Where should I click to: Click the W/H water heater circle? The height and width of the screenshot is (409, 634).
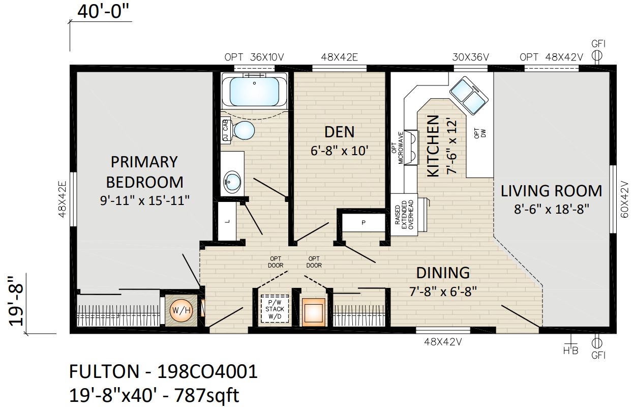coord(181,310)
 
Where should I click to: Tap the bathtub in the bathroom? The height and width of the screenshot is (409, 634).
coord(254,91)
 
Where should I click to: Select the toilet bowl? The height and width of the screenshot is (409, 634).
coord(244,131)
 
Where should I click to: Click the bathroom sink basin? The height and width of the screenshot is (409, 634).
coord(232,181)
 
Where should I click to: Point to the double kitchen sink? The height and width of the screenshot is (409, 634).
coord(469,96)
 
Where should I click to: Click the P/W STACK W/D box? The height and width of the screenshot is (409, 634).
coord(275,309)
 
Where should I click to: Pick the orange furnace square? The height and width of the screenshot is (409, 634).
coord(313,312)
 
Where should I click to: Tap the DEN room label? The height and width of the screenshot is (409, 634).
coord(339,132)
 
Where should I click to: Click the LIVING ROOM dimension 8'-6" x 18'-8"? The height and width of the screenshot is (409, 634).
coord(551,209)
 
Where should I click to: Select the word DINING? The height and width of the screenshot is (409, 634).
coord(443,273)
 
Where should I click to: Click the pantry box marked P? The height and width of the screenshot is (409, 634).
coord(364,223)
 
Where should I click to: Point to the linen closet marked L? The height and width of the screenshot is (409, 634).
coord(227,221)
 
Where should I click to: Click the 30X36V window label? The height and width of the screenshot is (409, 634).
coord(470,57)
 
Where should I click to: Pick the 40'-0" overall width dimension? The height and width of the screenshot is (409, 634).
coord(103,12)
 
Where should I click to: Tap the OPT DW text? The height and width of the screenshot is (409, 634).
coord(480,133)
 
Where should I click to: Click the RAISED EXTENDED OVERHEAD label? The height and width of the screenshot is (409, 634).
coord(405,215)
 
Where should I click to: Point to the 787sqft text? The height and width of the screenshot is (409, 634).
coord(206,395)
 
